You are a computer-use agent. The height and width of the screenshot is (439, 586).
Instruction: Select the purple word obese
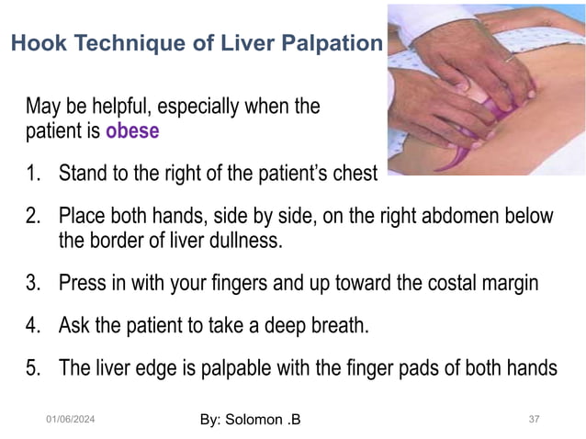(x=132, y=130)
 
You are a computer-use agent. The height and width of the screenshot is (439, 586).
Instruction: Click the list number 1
(x=33, y=173)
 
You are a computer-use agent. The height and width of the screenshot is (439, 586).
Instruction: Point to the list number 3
(x=33, y=283)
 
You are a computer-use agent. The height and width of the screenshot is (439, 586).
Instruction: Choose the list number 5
(x=33, y=369)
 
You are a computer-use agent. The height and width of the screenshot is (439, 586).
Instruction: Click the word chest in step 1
(x=355, y=173)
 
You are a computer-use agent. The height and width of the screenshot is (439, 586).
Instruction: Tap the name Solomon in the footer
(x=253, y=421)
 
